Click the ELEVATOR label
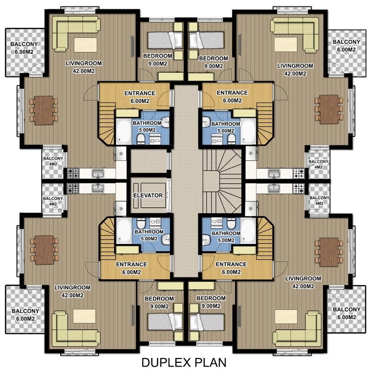148,195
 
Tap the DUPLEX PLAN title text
184,362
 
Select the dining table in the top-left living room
44,110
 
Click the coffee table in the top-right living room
286,44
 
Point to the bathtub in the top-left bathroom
123,132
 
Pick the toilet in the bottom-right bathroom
231,223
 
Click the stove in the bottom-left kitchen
73,188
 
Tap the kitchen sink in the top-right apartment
274,173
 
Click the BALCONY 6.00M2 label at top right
346,46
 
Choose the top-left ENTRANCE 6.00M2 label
140,97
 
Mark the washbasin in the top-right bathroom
206,122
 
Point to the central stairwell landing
211,180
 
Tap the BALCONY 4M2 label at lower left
53,201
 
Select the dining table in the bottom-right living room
329,252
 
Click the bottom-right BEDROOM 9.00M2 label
211,302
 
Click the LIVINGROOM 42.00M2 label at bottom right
303,282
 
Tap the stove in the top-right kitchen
299,173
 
